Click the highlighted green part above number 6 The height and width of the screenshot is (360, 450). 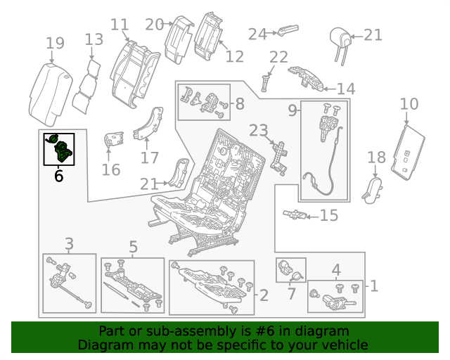(x=60, y=148)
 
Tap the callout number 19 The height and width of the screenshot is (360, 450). (x=55, y=44)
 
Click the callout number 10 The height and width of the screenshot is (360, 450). (x=409, y=105)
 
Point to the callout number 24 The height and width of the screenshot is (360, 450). (x=257, y=33)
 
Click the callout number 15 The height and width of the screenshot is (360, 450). (x=329, y=215)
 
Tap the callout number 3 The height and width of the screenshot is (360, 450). (x=69, y=244)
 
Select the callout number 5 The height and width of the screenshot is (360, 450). (x=133, y=246)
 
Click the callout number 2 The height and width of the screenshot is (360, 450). (x=264, y=295)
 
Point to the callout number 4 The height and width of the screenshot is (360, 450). (x=336, y=269)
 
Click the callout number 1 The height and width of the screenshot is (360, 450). (x=374, y=286)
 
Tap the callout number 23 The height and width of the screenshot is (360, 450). (x=259, y=130)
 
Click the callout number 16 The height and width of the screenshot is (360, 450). (x=111, y=169)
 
